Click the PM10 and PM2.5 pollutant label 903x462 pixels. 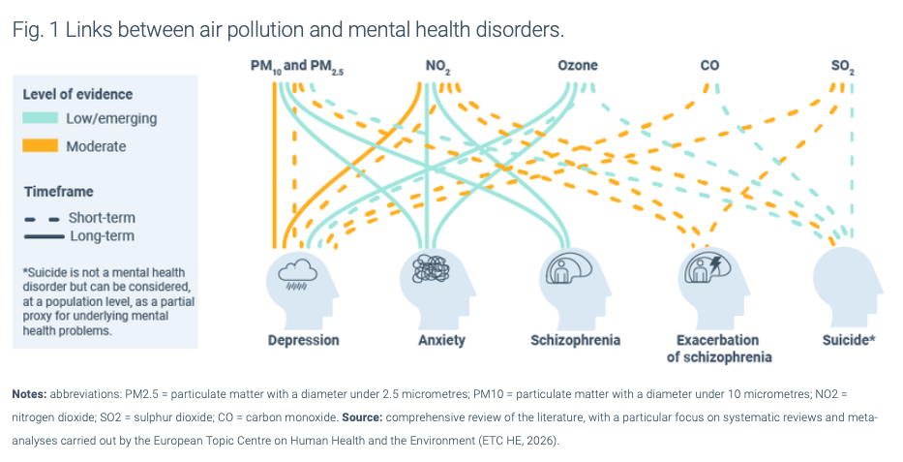pyautogui.click(x=298, y=67)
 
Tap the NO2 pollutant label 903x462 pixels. pyautogui.click(x=436, y=67)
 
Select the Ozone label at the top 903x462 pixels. pyautogui.click(x=578, y=66)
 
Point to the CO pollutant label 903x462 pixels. pyautogui.click(x=709, y=66)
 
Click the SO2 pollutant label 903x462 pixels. pyautogui.click(x=842, y=67)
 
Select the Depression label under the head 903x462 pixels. pyautogui.click(x=304, y=340)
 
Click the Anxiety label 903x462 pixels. pyautogui.click(x=440, y=340)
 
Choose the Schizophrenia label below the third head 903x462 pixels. pyautogui.click(x=575, y=340)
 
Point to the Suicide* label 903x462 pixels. pyautogui.click(x=849, y=340)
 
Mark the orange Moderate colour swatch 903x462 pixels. pyautogui.click(x=41, y=146)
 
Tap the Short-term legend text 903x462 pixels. pyautogui.click(x=101, y=218)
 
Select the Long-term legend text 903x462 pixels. pyautogui.click(x=102, y=235)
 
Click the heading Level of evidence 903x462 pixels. pyautogui.click(x=77, y=94)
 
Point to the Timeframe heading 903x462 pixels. pyautogui.click(x=59, y=192)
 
